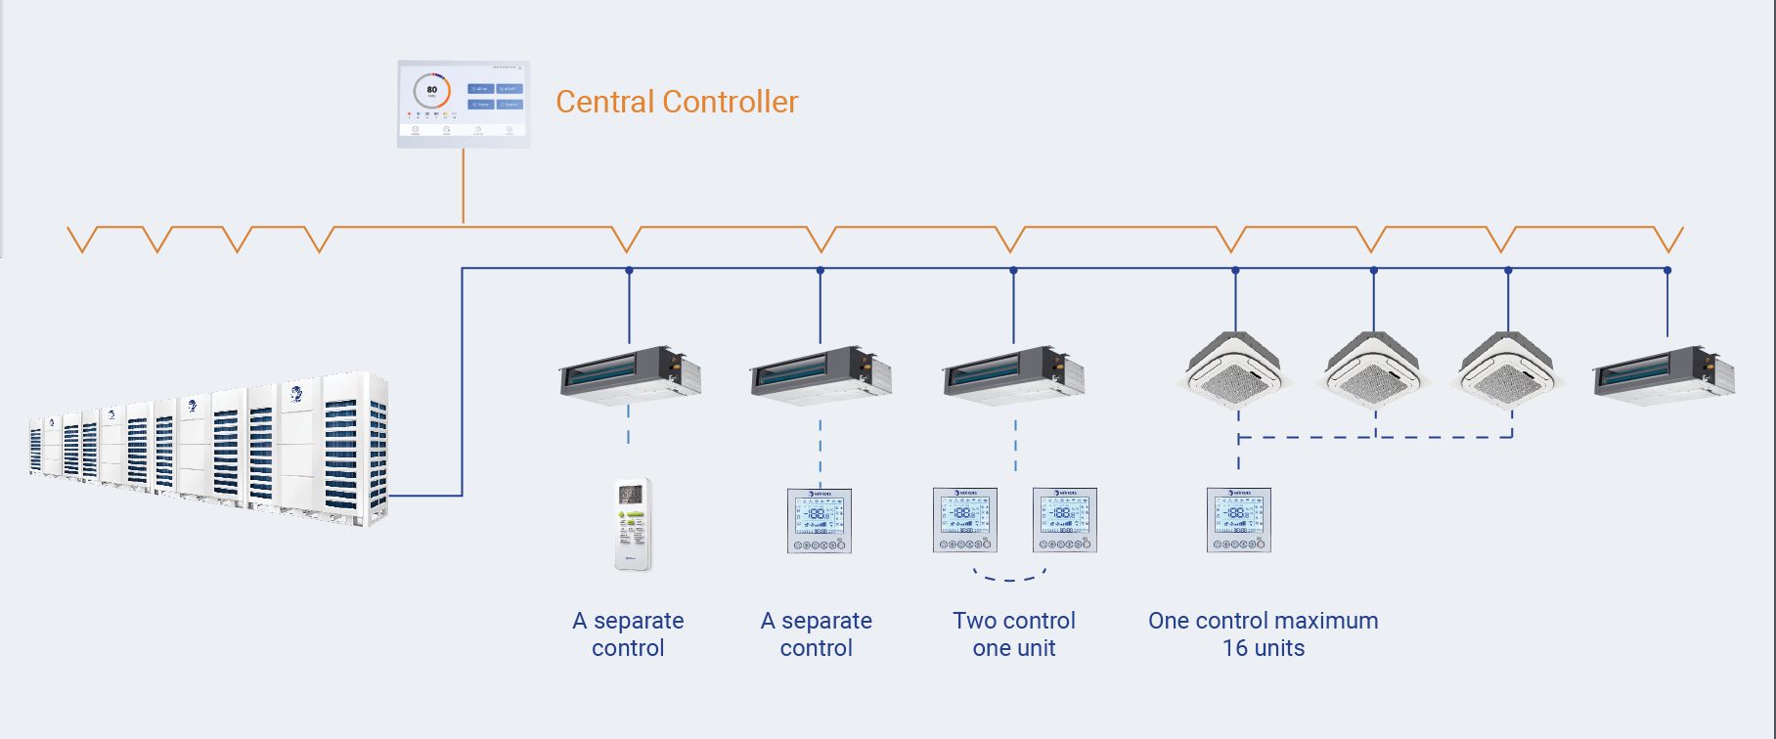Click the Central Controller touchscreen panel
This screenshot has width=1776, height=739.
pyautogui.click(x=464, y=105)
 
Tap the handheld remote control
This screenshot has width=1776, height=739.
pyautogui.click(x=633, y=524)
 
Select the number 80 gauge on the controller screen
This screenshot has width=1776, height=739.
pyautogui.click(x=431, y=91)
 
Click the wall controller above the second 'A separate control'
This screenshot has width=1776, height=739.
pyautogui.click(x=820, y=521)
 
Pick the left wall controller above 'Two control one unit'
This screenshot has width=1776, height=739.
pyautogui.click(x=965, y=520)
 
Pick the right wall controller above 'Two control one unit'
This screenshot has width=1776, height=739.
pyautogui.click(x=1065, y=520)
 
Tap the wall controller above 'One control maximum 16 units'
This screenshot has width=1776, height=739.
pyautogui.click(x=1239, y=520)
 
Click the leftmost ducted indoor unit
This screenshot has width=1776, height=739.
pyautogui.click(x=630, y=373)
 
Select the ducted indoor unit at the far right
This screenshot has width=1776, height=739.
pyautogui.click(x=1664, y=373)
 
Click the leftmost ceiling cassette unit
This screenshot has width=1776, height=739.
pyautogui.click(x=1234, y=369)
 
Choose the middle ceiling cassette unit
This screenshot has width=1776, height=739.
pyautogui.click(x=1372, y=369)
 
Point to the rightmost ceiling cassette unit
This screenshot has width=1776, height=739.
pyautogui.click(x=1509, y=369)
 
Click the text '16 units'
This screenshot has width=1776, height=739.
pyautogui.click(x=1263, y=648)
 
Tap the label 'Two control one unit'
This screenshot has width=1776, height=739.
pyautogui.click(x=1014, y=634)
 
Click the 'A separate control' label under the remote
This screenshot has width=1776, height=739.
pyautogui.click(x=628, y=634)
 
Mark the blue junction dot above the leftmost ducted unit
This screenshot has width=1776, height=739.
pyautogui.click(x=629, y=270)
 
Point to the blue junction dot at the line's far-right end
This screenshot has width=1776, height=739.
pyautogui.click(x=1667, y=270)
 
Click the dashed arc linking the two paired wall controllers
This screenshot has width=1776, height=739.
pyautogui.click(x=1010, y=578)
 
